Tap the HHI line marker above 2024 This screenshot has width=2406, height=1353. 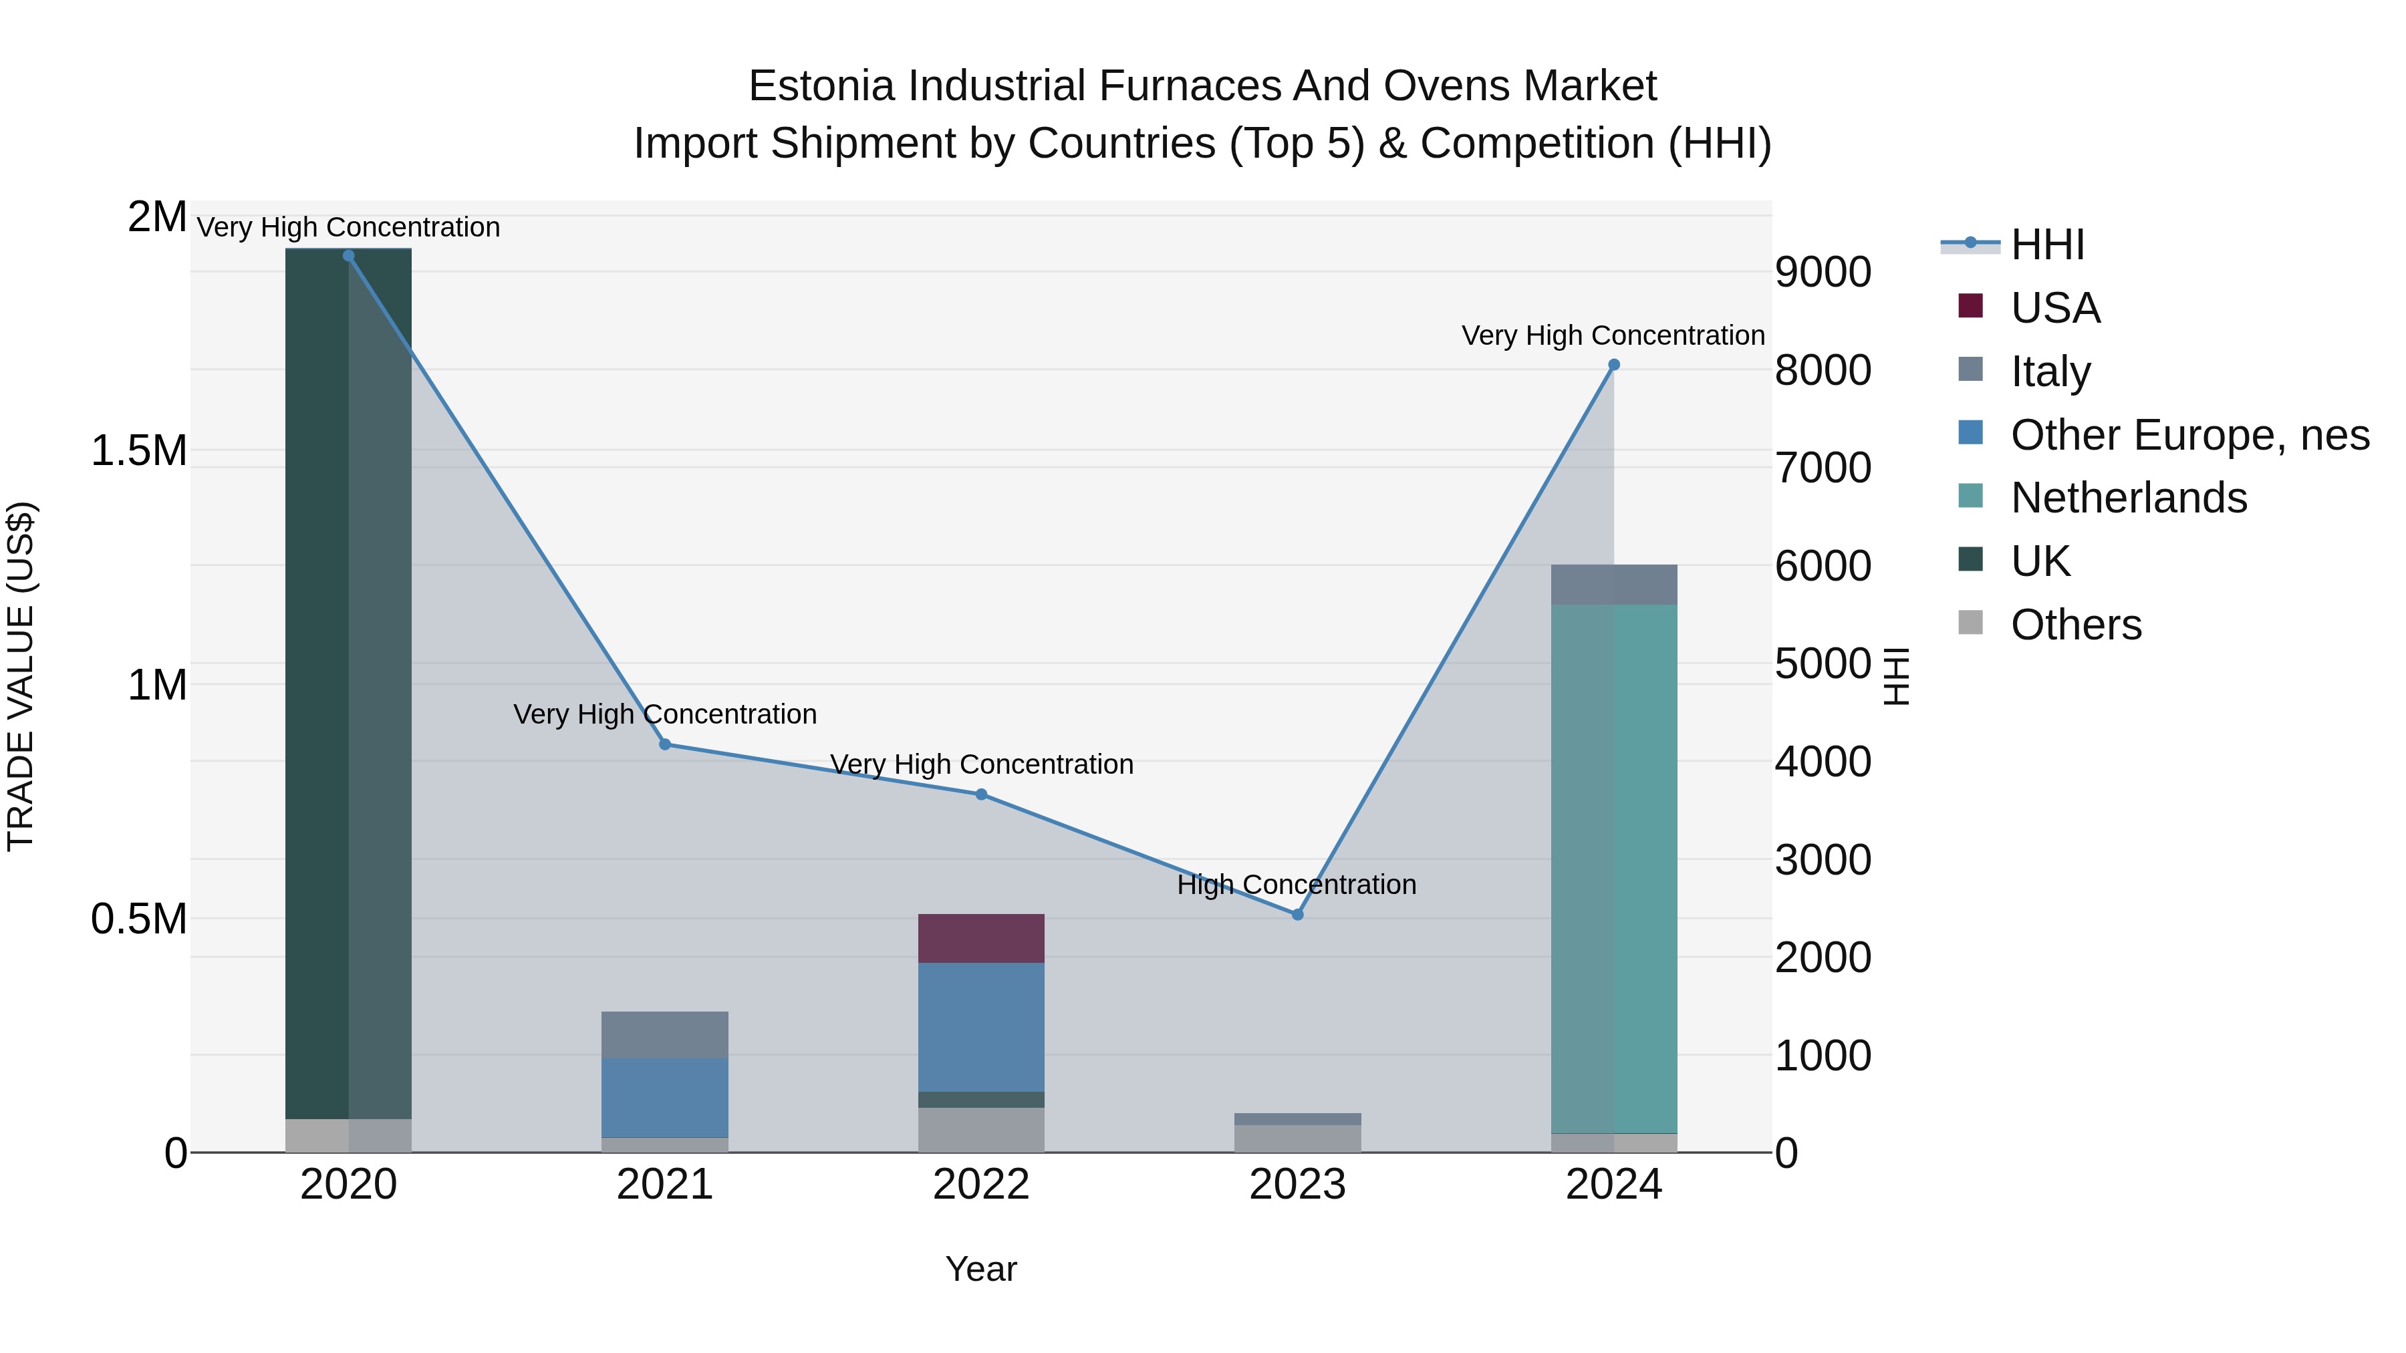click(1613, 365)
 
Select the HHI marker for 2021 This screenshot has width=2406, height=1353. click(665, 744)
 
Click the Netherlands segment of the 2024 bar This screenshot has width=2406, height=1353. click(1613, 869)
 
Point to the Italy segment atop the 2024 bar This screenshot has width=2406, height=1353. click(1613, 585)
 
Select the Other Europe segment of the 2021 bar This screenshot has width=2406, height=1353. click(665, 1097)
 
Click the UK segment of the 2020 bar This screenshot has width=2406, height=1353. click(348, 682)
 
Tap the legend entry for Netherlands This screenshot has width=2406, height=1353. click(2128, 498)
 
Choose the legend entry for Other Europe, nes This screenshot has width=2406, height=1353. click(2188, 435)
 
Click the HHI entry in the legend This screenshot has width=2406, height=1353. click(2046, 245)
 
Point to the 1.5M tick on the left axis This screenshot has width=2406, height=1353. click(138, 451)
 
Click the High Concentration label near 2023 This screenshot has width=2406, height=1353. click(1297, 884)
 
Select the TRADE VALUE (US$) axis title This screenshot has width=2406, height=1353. click(21, 676)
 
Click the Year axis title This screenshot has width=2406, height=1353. click(980, 1269)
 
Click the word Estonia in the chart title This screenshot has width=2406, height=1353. click(823, 86)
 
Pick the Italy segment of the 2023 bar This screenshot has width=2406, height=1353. click(1297, 1118)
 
